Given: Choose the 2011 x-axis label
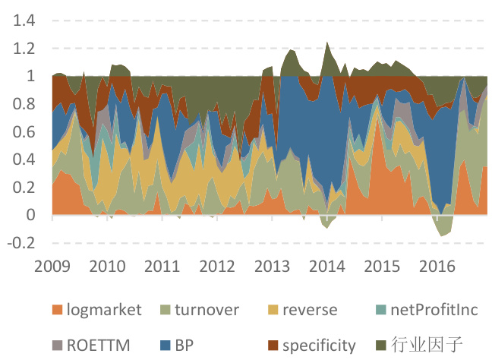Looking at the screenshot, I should pos(162,267).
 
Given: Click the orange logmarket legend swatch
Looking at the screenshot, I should pos(55,310).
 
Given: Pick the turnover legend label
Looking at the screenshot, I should pos(207,309).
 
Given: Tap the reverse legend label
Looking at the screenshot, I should pos(309,309).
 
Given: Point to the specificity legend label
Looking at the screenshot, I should pos(319,346).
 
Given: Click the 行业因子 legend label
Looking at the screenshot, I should pos(428,346).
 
